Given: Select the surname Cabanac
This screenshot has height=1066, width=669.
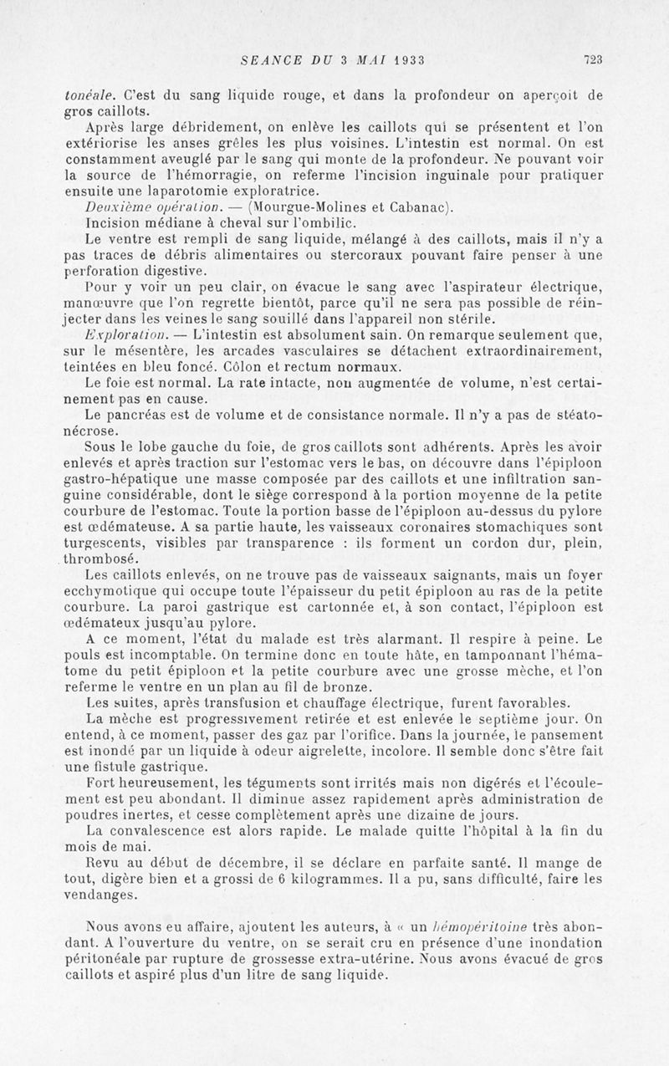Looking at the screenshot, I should click(417, 208).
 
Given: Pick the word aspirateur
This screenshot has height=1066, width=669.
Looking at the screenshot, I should click(466, 288).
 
